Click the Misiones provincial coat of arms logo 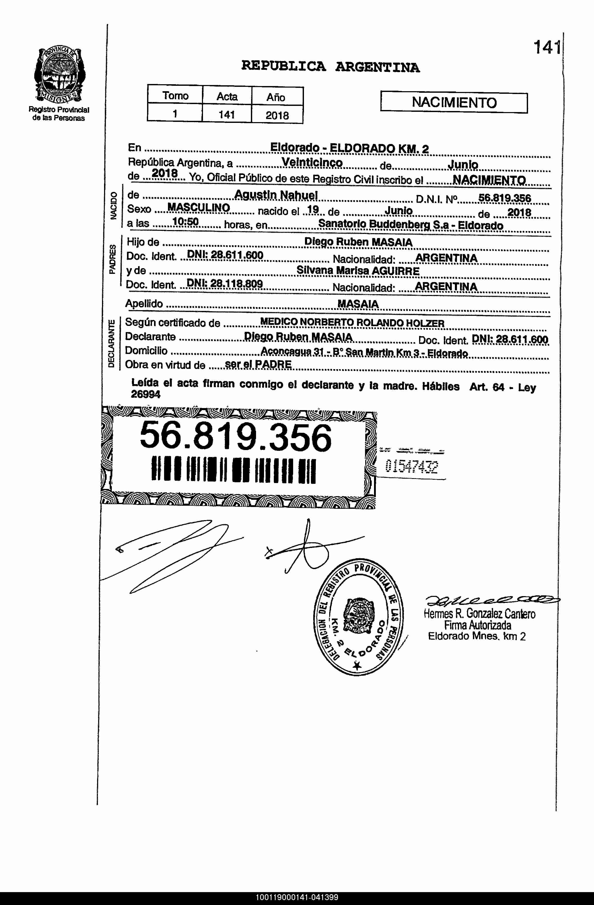pyautogui.click(x=59, y=74)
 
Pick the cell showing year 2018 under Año pyautogui.click(x=277, y=115)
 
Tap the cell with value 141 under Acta pyautogui.click(x=227, y=114)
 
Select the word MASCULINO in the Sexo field pyautogui.click(x=199, y=208)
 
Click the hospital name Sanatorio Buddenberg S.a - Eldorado pyautogui.click(x=410, y=225)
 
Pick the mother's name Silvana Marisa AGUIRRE pyautogui.click(x=358, y=271)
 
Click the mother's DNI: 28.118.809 pyautogui.click(x=225, y=284)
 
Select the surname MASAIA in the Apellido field pyautogui.click(x=358, y=304)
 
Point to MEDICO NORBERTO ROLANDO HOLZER pyautogui.click(x=352, y=323)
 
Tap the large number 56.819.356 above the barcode pyautogui.click(x=236, y=438)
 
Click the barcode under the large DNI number pyautogui.click(x=233, y=470)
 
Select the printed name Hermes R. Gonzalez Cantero pyautogui.click(x=480, y=614)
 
